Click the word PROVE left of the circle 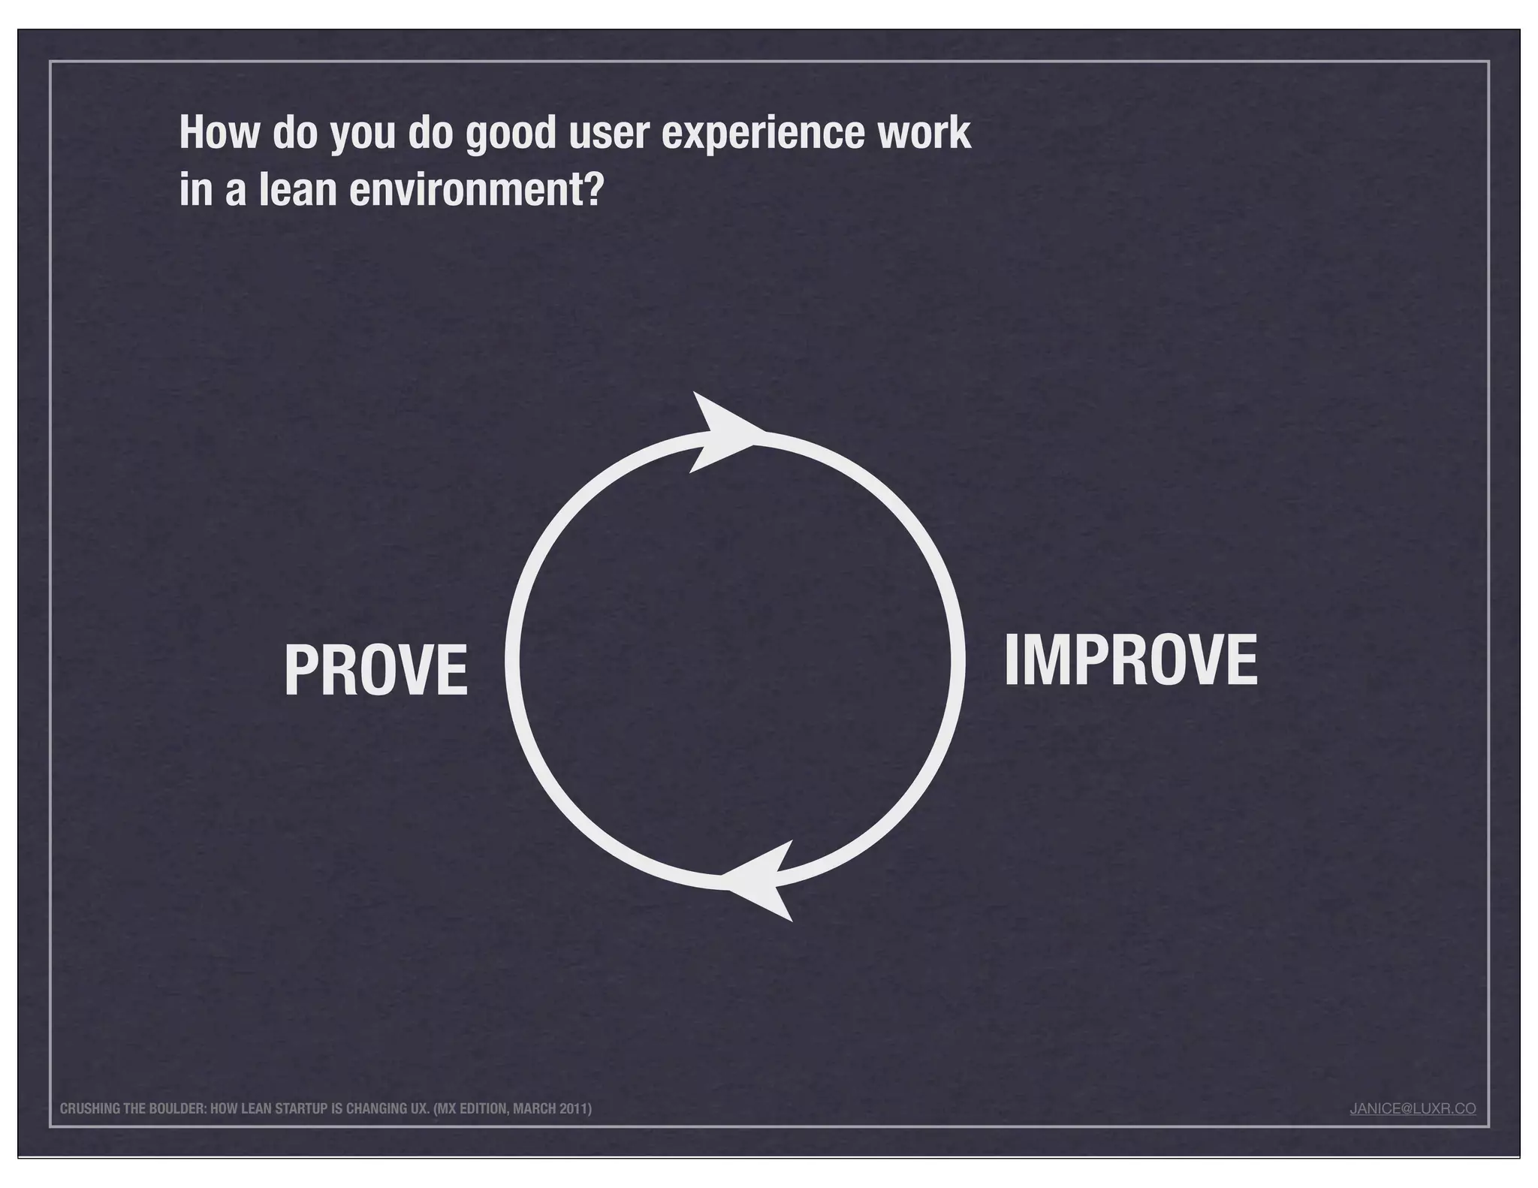pyautogui.click(x=375, y=671)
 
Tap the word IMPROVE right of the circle pyautogui.click(x=1130, y=661)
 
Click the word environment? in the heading pyautogui.click(x=477, y=191)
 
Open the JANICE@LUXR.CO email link pyautogui.click(x=1413, y=1108)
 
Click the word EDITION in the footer pyautogui.click(x=484, y=1109)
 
